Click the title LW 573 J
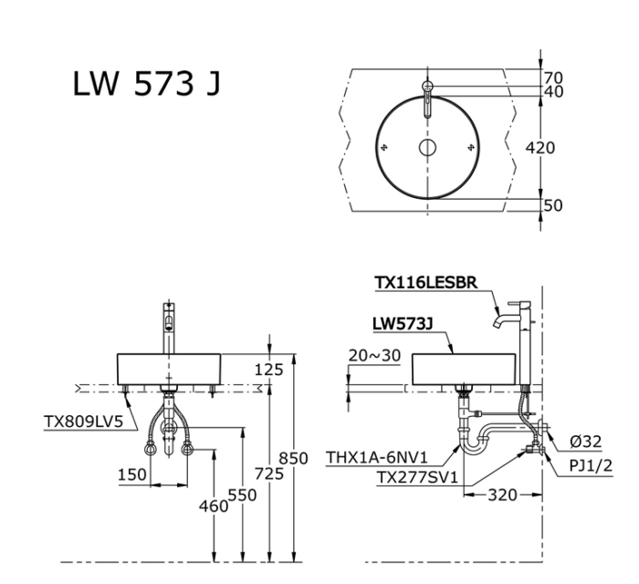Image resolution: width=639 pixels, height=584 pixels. tap(145, 86)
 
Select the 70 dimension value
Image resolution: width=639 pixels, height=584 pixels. tap(554, 78)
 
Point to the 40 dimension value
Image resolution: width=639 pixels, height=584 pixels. tap(554, 91)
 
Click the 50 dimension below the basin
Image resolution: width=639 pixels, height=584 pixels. tap(553, 205)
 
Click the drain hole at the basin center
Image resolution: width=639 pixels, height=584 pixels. tap(427, 148)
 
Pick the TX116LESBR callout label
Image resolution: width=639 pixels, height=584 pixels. tap(425, 283)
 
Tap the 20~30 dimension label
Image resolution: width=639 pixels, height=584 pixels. tap(374, 356)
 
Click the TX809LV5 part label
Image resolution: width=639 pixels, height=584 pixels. tap(83, 422)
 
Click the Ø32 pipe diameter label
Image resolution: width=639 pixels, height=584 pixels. tap(583, 442)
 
